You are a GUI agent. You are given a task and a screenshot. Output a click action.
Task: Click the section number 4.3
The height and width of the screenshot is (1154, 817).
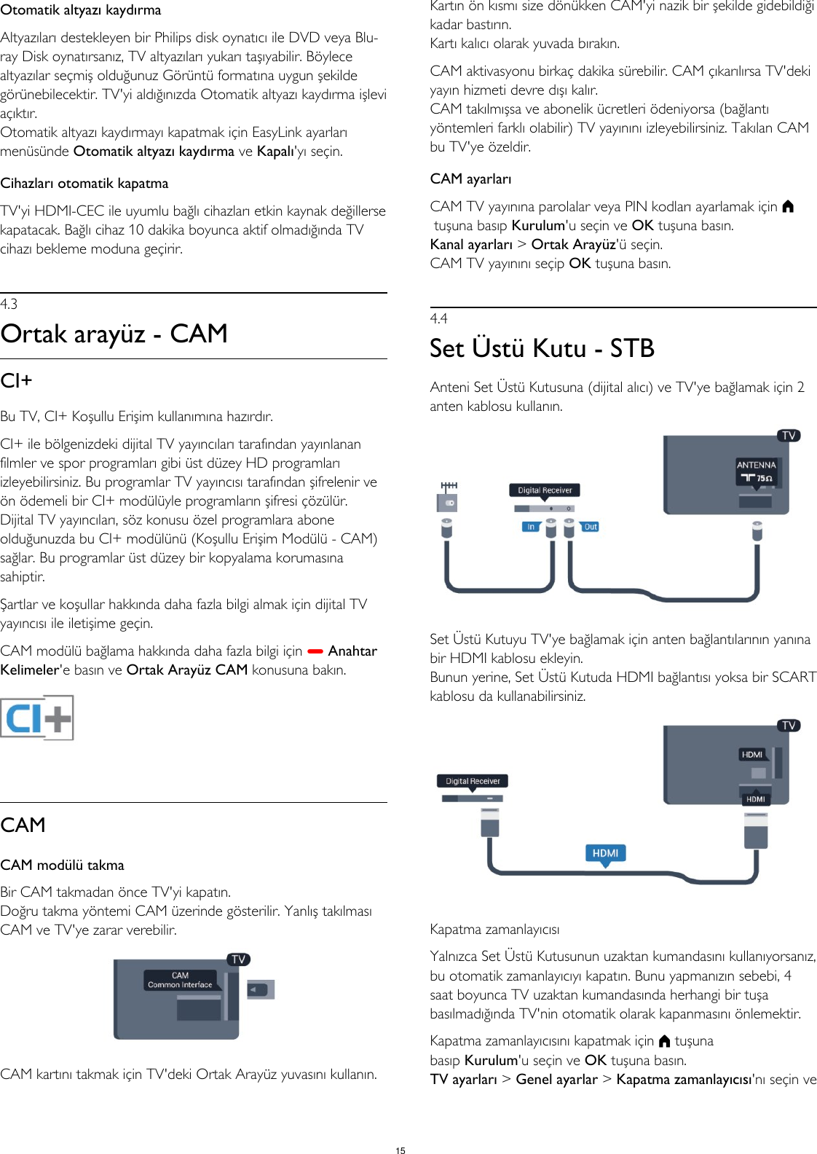point(9,305)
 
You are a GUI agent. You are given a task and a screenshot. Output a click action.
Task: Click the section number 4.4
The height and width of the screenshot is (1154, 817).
point(438,319)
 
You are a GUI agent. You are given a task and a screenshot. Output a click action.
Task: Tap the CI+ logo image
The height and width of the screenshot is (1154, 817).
point(37,718)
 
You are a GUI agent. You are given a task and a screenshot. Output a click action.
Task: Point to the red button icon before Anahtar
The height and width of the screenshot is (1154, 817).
point(315,651)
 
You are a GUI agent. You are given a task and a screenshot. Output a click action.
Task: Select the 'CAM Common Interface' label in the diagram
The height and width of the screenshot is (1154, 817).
point(180,980)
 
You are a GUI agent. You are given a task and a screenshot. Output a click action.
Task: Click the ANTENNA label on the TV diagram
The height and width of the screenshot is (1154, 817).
point(756,465)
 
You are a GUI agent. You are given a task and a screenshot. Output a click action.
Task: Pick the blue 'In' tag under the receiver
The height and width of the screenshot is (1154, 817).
point(531,527)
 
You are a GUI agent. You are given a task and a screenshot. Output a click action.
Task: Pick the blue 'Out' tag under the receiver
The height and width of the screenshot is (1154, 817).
point(590,527)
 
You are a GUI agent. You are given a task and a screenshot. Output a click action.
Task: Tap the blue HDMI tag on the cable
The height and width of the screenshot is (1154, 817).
point(605,853)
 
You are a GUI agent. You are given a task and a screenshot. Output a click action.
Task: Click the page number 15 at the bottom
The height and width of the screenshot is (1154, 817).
point(400,1150)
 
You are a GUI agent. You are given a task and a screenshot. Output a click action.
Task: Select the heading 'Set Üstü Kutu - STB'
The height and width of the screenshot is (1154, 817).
point(542,348)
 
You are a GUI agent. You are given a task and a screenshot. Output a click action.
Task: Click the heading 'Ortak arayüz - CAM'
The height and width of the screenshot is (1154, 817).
point(114,334)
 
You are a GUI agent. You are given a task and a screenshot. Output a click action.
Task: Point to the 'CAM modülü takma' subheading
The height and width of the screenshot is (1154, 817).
point(63,865)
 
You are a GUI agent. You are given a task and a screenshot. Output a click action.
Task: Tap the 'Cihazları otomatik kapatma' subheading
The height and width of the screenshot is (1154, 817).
point(84,184)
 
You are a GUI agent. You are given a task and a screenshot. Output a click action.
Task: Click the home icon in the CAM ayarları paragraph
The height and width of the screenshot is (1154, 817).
point(788,207)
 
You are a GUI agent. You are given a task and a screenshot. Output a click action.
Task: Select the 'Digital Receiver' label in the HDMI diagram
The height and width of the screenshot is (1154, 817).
point(473,781)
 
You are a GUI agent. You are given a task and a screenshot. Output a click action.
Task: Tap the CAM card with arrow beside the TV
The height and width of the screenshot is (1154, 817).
point(261,989)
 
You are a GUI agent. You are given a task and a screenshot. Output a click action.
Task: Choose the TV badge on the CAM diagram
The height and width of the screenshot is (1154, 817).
point(238,959)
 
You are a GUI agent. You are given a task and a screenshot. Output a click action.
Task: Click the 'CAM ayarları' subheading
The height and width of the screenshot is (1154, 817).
point(470,179)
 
